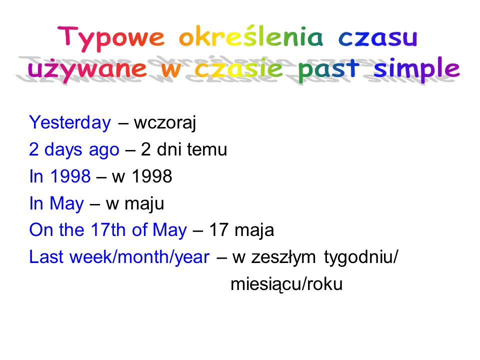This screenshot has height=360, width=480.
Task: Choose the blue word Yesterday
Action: coord(70,123)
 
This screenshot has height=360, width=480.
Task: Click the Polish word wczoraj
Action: coord(165,123)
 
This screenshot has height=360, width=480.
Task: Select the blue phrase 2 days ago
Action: coord(74,150)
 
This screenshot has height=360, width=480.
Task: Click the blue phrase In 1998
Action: coord(60,177)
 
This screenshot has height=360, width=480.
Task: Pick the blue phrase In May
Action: coord(56,204)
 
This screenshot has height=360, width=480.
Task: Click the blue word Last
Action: coord(47,257)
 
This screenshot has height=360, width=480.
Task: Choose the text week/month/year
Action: coord(139,257)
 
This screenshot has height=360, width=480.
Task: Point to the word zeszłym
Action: coord(282,257)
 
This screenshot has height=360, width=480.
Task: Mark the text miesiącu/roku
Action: coord(286,284)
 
